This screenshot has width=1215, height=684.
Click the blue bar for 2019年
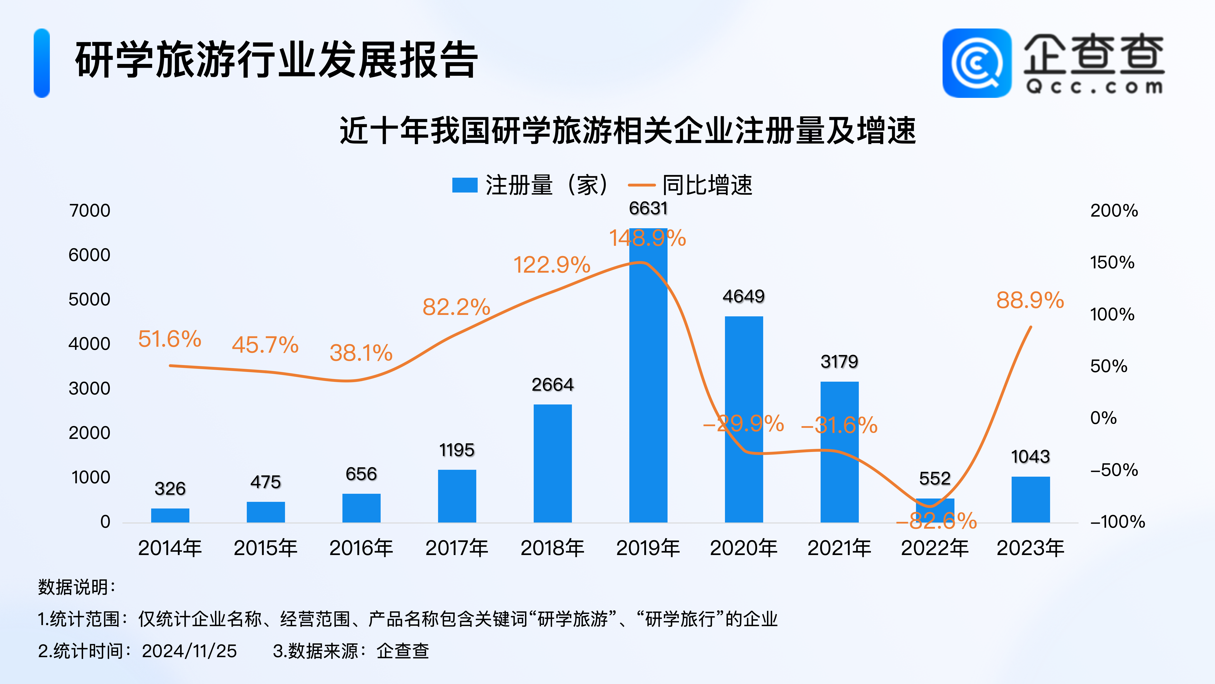[x=648, y=378]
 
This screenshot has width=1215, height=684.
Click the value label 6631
[x=648, y=208]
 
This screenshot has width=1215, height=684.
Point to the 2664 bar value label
[x=552, y=385]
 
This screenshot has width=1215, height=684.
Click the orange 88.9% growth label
[x=1030, y=300]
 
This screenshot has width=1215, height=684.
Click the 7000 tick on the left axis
[x=90, y=210]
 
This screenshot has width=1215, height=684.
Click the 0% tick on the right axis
[x=1103, y=418]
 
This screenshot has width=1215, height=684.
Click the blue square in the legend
[x=465, y=185]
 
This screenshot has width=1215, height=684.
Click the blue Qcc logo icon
[x=977, y=63]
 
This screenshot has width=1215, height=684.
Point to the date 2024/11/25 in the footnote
[x=189, y=651]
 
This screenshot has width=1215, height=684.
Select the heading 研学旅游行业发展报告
[x=276, y=60]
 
